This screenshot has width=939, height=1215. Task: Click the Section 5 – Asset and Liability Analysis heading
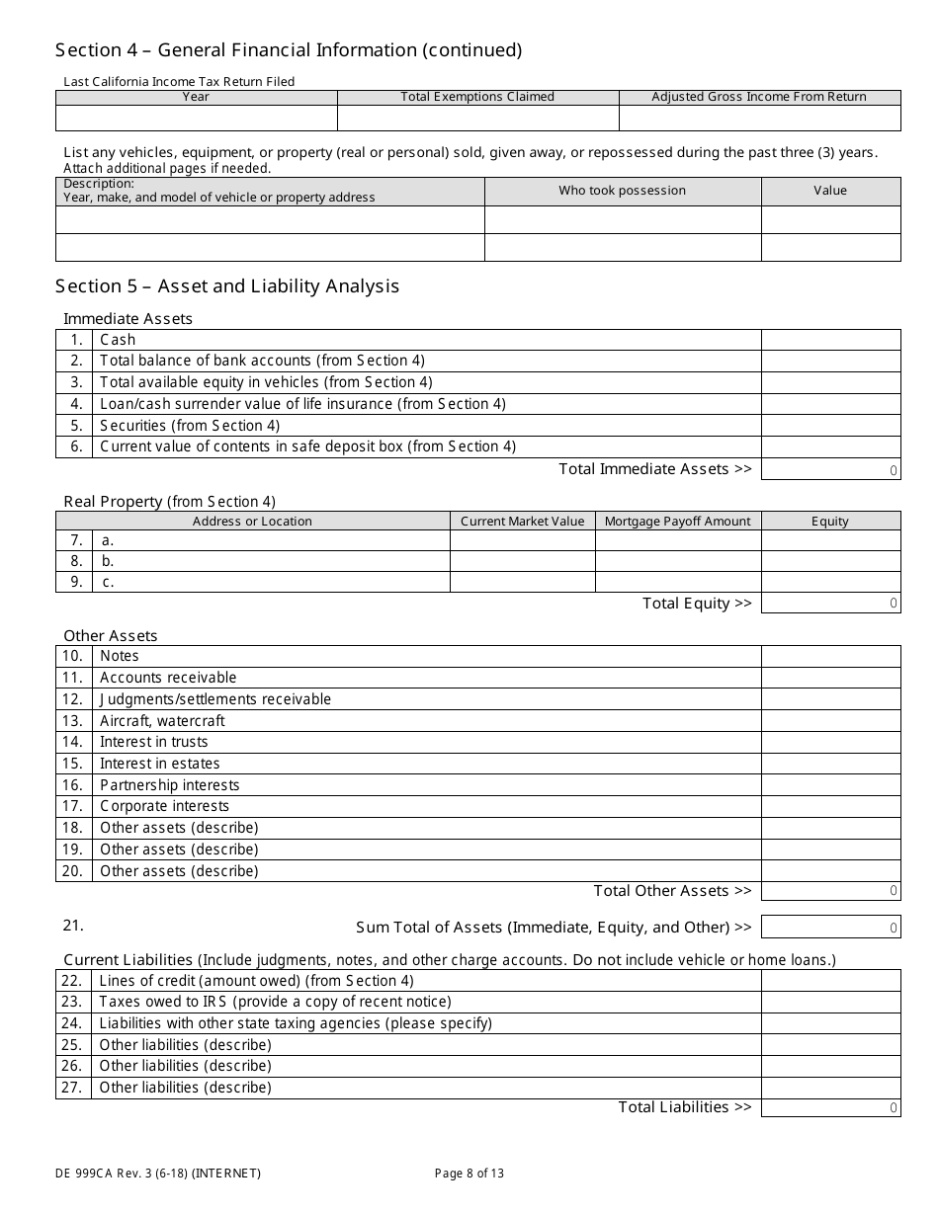pyautogui.click(x=227, y=286)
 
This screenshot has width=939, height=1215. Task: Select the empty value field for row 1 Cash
pyautogui.click(x=830, y=340)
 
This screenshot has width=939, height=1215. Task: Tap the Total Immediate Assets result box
pyautogui.click(x=830, y=470)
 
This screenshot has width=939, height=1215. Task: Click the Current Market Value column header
pyautogui.click(x=522, y=522)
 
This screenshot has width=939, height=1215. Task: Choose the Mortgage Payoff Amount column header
pyautogui.click(x=677, y=522)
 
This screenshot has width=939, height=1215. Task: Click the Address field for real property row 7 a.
pyautogui.click(x=271, y=540)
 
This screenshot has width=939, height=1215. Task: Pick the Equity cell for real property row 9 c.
pyautogui.click(x=830, y=582)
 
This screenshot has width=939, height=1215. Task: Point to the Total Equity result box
pyautogui.click(x=830, y=604)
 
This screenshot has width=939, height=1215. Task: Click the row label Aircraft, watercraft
pyautogui.click(x=162, y=721)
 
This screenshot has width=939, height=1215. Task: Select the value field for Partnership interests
pyautogui.click(x=830, y=785)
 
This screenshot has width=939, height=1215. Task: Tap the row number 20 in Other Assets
pyautogui.click(x=73, y=871)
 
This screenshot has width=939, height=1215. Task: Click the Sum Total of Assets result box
pyautogui.click(x=830, y=928)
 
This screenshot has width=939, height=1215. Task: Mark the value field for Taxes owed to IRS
pyautogui.click(x=830, y=1002)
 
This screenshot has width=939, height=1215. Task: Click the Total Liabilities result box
pyautogui.click(x=830, y=1107)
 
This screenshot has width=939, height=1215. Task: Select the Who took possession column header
pyautogui.click(x=622, y=191)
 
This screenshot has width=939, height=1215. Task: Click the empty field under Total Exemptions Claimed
pyautogui.click(x=477, y=119)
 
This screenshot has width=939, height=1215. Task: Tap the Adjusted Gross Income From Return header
pyautogui.click(x=759, y=97)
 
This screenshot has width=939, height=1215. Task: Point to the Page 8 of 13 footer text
pyautogui.click(x=469, y=1174)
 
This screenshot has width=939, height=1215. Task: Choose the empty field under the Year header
pyautogui.click(x=196, y=119)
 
